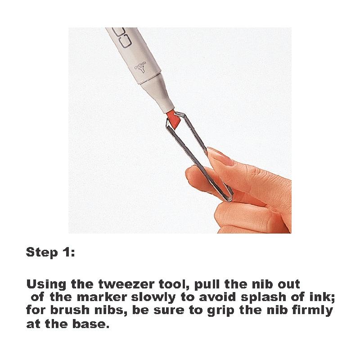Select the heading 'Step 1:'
coord(50,252)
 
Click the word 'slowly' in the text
coord(153,297)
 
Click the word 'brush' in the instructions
coord(70,310)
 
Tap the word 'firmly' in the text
coord(312,310)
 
